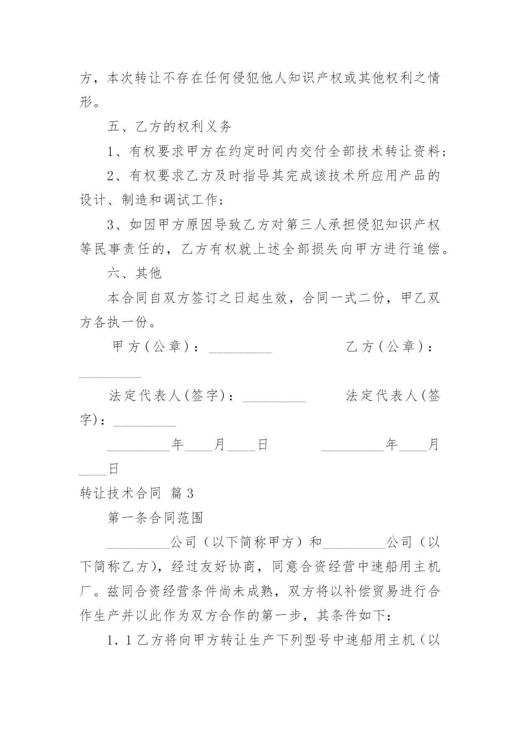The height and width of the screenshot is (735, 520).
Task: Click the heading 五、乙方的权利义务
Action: point(169,127)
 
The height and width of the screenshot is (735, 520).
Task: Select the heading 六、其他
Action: point(134,273)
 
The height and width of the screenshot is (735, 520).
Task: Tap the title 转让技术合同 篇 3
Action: point(136,493)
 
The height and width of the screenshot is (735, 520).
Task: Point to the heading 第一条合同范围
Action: point(155,518)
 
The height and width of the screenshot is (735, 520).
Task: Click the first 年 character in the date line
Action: point(178,445)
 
